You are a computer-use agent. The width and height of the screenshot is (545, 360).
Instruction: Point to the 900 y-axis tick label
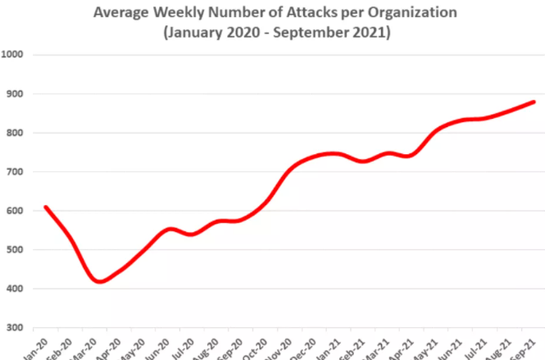tap(16, 93)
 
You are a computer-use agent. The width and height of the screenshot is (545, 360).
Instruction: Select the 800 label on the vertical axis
tap(16, 133)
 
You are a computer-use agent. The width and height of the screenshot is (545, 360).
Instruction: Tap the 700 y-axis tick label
tap(16, 172)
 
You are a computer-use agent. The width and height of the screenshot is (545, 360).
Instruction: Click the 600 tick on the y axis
tap(16, 211)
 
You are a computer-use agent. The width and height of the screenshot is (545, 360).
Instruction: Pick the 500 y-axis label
tap(16, 250)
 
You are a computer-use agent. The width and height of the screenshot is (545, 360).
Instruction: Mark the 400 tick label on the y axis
tap(16, 289)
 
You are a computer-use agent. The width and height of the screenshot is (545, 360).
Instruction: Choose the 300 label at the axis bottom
tap(16, 328)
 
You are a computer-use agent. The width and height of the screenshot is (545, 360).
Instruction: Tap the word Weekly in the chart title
tap(180, 14)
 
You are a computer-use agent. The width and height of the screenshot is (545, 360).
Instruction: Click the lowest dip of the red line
tap(100, 281)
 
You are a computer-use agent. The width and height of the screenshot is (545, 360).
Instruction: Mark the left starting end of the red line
tap(45, 207)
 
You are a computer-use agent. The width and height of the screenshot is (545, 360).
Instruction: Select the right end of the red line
tap(534, 102)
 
